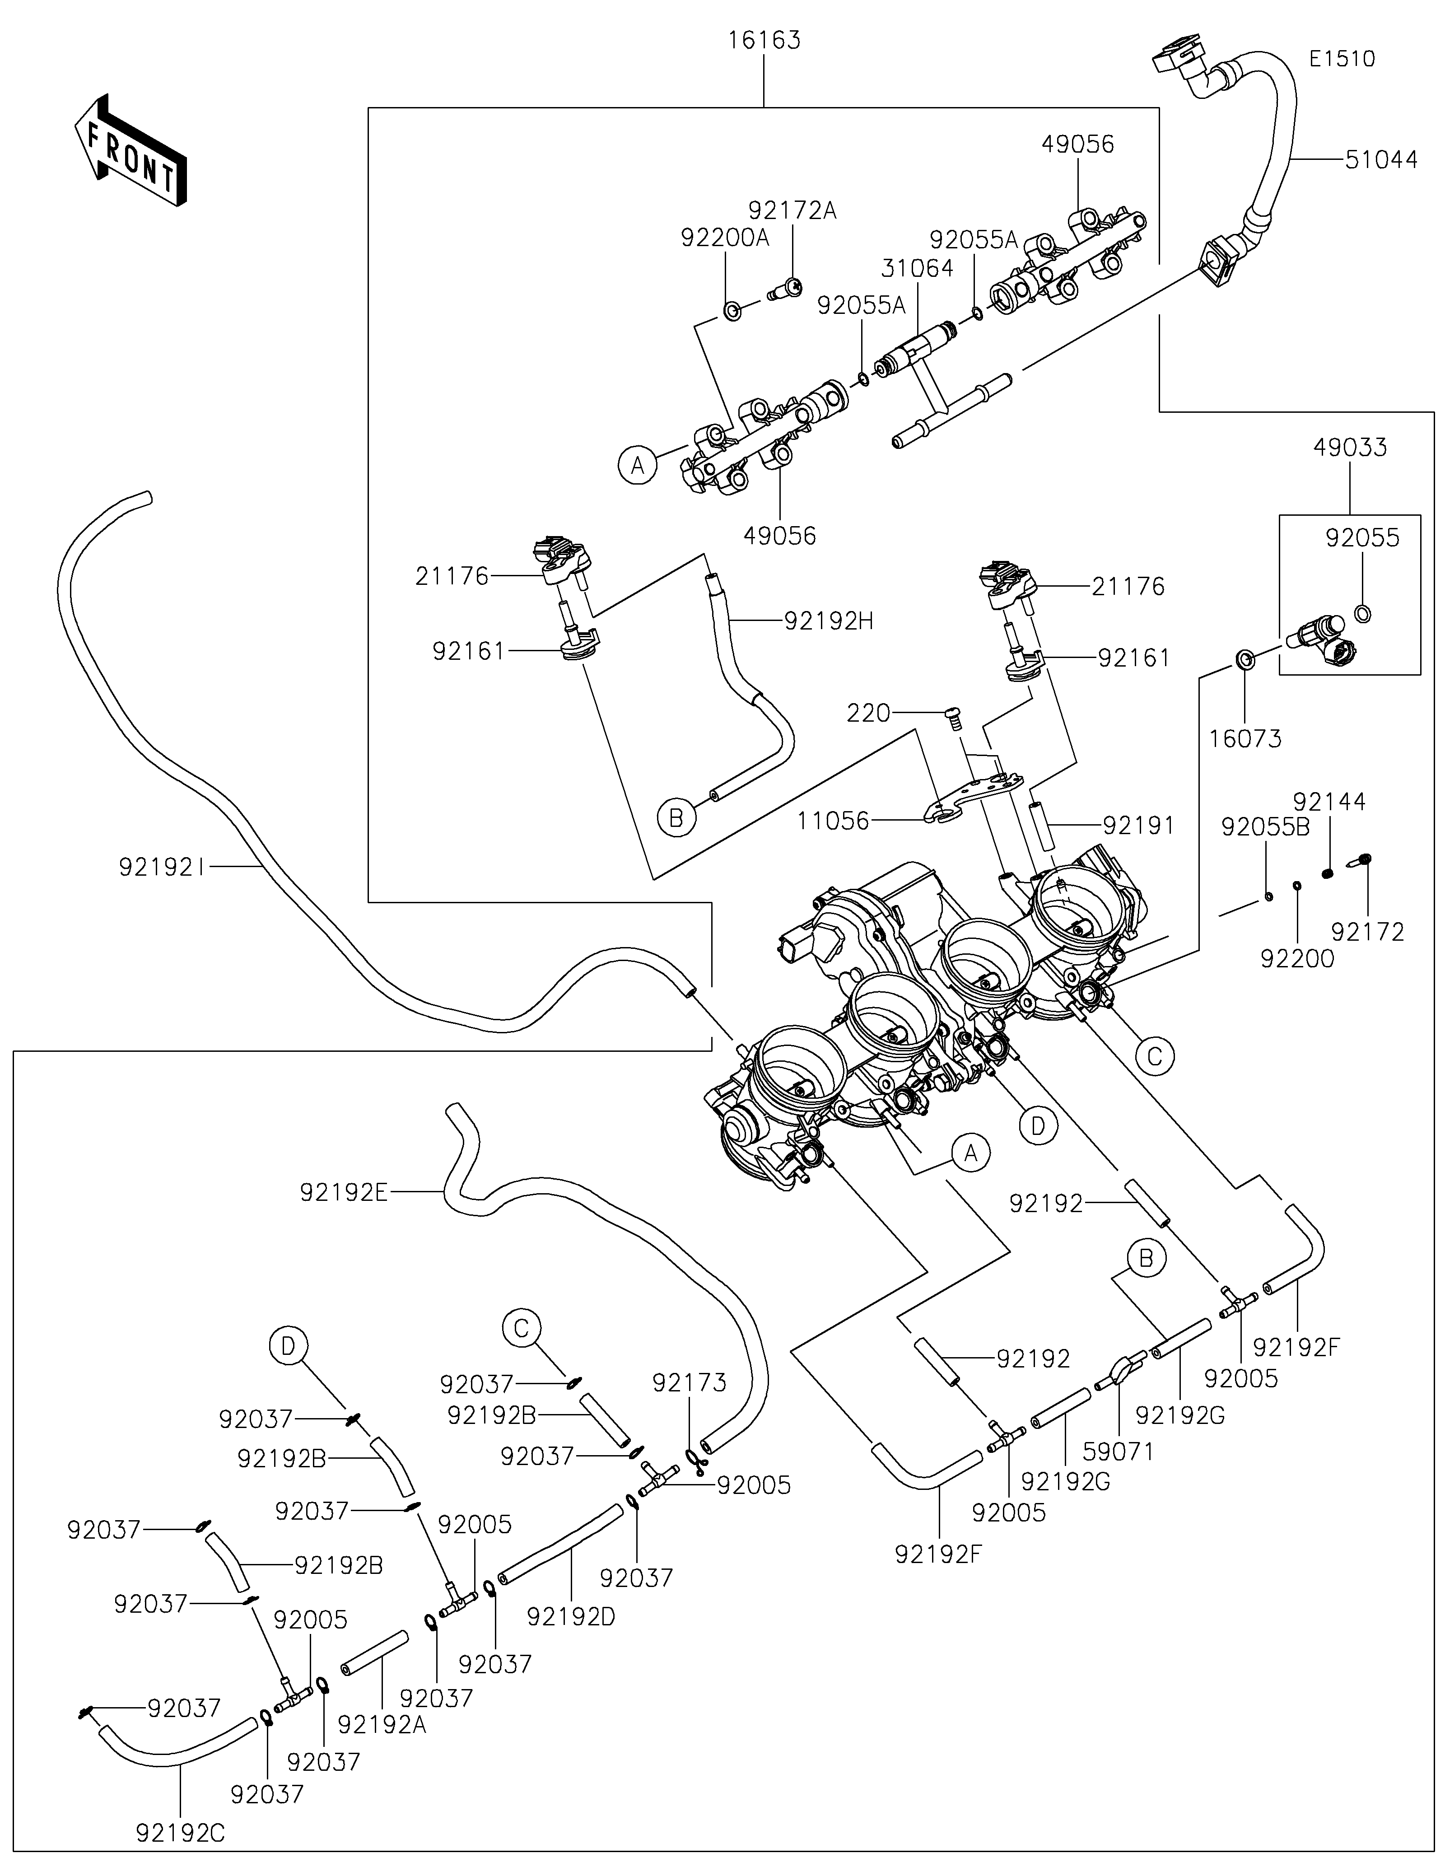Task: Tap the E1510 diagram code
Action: coord(1342,59)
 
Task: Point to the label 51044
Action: coord(1381,160)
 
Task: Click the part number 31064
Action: coord(917,268)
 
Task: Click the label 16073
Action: coord(1245,738)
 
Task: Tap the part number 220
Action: coord(868,713)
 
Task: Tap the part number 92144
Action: coord(1329,802)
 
